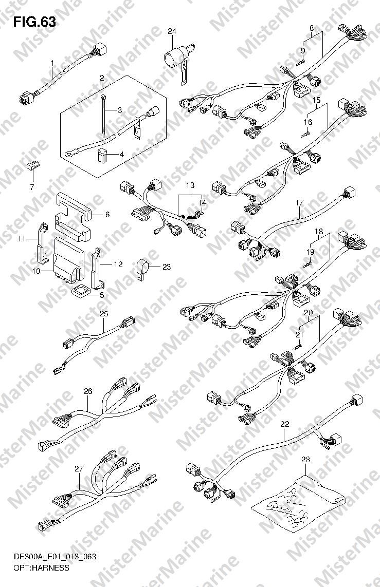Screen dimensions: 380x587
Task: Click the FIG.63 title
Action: click(35, 23)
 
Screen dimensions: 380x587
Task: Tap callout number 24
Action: click(172, 31)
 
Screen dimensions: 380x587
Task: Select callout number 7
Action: click(32, 187)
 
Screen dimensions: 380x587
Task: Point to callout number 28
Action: click(306, 460)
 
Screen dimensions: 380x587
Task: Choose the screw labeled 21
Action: click(299, 347)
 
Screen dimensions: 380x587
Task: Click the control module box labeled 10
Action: click(68, 258)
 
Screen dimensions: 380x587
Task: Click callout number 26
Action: click(88, 391)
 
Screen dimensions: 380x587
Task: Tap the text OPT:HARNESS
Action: click(41, 568)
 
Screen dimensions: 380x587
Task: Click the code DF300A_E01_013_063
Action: click(55, 557)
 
